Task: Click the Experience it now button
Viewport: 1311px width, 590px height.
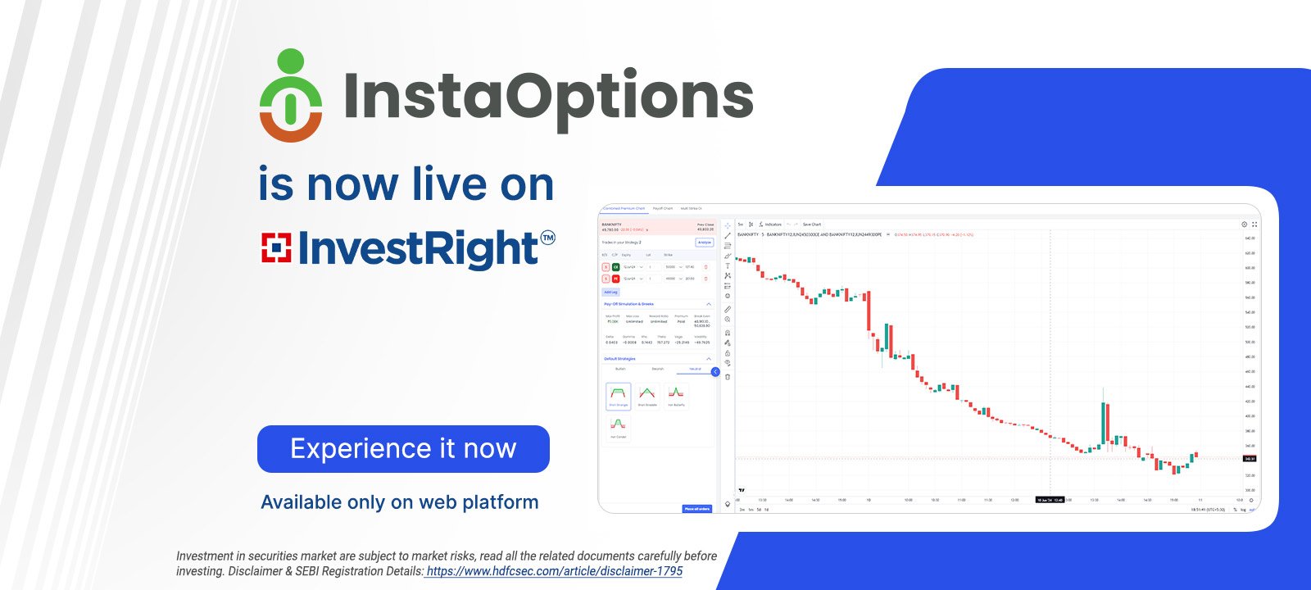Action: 403,449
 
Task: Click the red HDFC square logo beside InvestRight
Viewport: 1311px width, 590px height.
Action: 276,248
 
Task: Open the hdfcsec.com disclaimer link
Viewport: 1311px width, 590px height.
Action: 554,571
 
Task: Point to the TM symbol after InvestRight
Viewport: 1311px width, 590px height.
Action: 547,238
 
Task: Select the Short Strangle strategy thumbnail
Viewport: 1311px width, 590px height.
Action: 619,395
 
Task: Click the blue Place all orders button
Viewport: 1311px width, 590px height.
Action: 696,509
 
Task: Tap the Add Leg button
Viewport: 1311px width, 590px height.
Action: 610,292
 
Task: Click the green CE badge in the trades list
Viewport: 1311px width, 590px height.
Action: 616,267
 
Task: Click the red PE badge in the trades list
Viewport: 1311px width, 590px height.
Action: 616,279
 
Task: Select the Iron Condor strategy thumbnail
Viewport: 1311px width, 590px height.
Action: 619,426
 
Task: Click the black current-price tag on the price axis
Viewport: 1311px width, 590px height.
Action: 1250,459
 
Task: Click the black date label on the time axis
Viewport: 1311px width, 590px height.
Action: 1050,500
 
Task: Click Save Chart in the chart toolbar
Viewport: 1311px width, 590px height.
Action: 811,224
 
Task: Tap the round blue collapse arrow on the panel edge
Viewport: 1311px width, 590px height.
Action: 715,372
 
